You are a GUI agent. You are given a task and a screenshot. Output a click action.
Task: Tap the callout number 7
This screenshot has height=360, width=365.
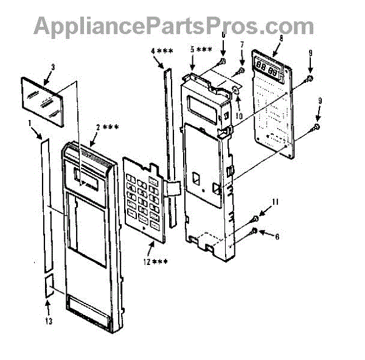pos(241,44)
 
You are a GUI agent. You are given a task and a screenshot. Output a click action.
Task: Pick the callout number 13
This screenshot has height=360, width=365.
pos(48,320)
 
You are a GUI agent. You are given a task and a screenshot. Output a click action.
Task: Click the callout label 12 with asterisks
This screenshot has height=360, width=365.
pos(156,262)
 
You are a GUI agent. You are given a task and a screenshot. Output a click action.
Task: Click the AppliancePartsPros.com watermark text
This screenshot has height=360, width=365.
pos(173,26)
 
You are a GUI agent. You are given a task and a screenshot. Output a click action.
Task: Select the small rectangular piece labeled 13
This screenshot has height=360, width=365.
pos(48,286)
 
